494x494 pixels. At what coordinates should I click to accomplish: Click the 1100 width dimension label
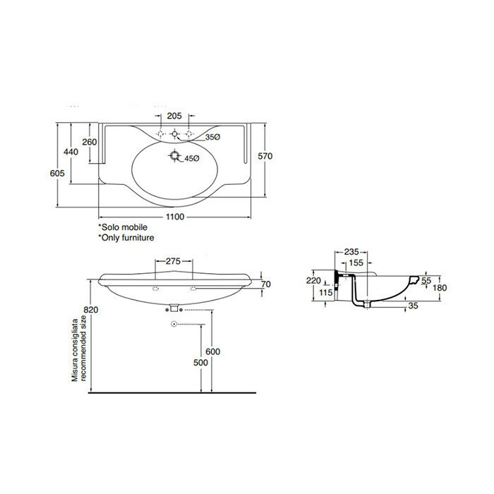175,217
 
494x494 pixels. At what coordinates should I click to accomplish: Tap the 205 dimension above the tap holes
174,116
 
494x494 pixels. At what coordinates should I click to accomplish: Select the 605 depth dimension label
57,173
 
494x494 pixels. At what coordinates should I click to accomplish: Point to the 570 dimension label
265,156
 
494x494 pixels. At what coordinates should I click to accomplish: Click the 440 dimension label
71,152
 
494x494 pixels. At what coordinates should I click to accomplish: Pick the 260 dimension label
90,142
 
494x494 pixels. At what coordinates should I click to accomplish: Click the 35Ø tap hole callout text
212,137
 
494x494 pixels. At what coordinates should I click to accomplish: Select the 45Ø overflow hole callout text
192,159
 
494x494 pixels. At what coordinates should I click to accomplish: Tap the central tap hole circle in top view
174,133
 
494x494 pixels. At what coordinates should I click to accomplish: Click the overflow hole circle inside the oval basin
174,155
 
